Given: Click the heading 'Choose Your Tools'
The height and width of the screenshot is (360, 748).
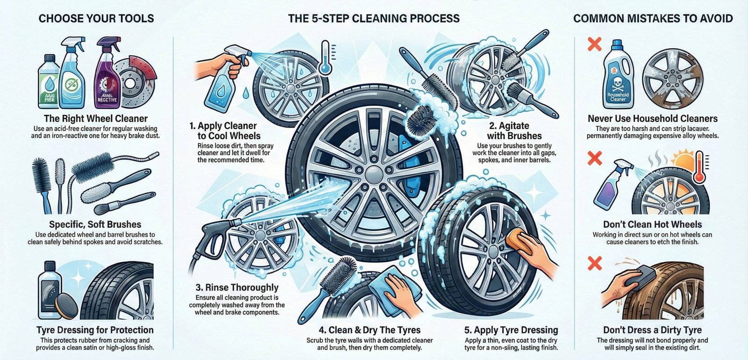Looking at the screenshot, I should (x=96, y=19).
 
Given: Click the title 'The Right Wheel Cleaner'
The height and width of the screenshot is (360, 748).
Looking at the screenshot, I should (x=95, y=119).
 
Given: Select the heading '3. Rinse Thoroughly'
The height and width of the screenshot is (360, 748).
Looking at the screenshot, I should (x=237, y=288).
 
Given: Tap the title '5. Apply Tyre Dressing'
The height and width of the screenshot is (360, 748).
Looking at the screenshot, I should (x=511, y=330).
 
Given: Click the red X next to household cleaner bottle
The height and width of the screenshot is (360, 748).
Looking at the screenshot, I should (x=594, y=45).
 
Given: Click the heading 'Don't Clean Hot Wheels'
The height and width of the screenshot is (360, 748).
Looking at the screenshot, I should (x=652, y=224).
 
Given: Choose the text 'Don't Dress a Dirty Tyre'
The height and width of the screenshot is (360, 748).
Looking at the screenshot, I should (x=652, y=330).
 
